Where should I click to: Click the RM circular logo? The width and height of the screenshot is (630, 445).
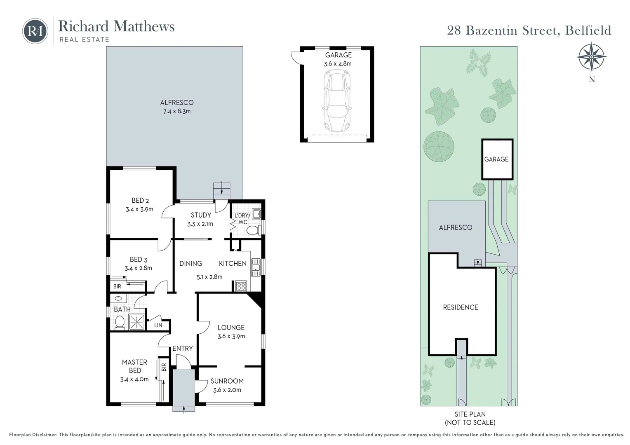[x=35, y=31]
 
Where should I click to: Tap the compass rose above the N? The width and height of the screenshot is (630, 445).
[x=591, y=57]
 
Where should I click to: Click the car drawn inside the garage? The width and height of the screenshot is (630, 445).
[x=337, y=101]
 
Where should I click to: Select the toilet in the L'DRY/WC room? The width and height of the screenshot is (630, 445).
[x=254, y=230]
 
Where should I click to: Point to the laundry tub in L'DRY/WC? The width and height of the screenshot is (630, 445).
[x=256, y=214]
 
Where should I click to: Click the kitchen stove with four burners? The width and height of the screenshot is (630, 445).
[x=241, y=286]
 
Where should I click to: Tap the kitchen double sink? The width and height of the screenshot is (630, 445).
[x=256, y=267]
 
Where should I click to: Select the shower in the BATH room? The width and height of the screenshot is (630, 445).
[x=137, y=322]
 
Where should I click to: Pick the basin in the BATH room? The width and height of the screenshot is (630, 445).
[x=118, y=298]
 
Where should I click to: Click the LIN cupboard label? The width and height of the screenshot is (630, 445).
[x=158, y=325]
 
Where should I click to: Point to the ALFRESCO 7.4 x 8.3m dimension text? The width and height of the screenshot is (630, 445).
[x=177, y=111]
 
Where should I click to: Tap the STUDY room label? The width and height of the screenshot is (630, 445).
[x=201, y=215]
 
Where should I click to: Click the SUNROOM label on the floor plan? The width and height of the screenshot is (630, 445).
[x=227, y=381]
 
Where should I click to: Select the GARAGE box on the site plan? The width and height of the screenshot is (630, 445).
[x=497, y=159]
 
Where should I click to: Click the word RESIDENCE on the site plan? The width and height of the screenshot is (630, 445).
[x=461, y=307]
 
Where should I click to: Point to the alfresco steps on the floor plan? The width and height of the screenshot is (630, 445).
[x=222, y=191]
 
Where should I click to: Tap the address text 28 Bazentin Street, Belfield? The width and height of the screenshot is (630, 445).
[x=529, y=30]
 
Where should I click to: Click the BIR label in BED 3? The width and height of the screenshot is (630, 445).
[x=117, y=286]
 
